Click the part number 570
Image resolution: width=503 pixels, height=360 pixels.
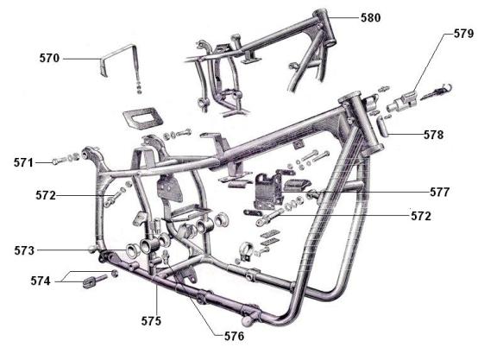click(49, 58)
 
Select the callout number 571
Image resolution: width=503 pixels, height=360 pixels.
click(23, 162)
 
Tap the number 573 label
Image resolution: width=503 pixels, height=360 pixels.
click(24, 250)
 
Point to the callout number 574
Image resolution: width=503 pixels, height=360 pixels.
click(41, 281)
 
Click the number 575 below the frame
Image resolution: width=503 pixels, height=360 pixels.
click(151, 321)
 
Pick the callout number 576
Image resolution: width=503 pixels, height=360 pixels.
click(234, 336)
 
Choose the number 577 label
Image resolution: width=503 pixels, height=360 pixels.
click(440, 193)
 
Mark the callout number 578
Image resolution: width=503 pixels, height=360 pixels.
click(434, 135)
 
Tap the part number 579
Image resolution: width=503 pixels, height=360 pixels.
click(463, 34)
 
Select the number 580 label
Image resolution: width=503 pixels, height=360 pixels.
click(371, 17)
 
